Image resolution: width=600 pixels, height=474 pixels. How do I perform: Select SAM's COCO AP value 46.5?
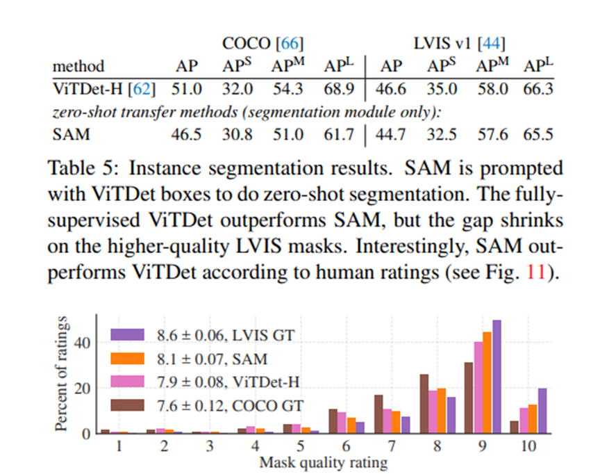[186, 134]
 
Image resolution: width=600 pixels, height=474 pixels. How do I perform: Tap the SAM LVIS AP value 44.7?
[392, 134]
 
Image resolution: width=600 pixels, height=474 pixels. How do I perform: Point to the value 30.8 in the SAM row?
[237, 134]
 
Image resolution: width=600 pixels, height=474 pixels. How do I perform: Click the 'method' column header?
[78, 67]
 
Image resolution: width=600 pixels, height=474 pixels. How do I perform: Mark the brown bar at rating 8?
[424, 404]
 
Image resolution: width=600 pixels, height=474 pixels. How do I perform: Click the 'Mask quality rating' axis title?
[323, 461]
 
